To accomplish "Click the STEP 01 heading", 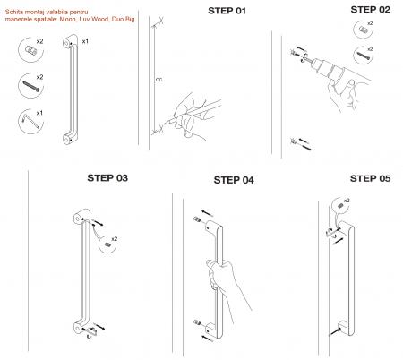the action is click(227, 11).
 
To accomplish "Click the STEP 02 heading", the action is click(370, 10).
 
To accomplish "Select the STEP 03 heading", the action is click(107, 178).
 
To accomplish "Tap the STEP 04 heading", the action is click(234, 180).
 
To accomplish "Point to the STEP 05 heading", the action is click(370, 178).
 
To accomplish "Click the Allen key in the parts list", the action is click(30, 121).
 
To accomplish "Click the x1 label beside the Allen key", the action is click(39, 113).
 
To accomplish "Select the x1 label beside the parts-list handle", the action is click(85, 41).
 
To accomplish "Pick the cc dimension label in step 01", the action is click(159, 80).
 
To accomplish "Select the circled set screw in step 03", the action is click(107, 244).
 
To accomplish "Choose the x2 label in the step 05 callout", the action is click(347, 201).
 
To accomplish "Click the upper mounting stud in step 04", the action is click(197, 219).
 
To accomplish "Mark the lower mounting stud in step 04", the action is click(197, 322).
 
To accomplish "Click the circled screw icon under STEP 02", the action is click(363, 56).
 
